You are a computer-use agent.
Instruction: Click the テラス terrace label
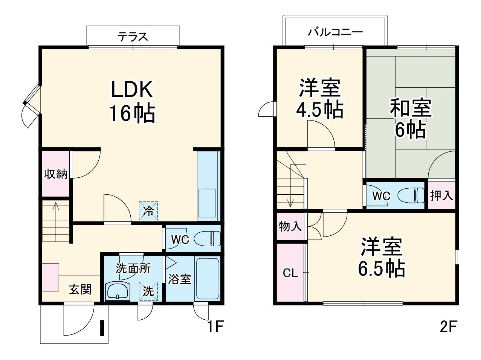tap(133, 37)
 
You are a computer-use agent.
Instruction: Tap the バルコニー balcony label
tap(335, 32)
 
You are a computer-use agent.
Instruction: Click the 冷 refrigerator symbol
tap(149, 211)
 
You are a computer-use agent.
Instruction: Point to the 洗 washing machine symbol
tap(148, 291)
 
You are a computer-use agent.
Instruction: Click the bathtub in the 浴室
tap(208, 279)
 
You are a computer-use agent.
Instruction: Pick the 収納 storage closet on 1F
tap(56, 174)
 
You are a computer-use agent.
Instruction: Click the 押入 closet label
tap(441, 195)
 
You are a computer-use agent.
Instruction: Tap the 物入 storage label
tap(290, 227)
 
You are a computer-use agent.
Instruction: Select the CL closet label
tap(290, 273)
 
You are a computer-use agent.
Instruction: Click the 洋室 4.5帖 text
tap(320, 98)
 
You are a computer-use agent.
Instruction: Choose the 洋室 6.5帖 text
tap(381, 258)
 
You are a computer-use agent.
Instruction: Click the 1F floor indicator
tap(215, 326)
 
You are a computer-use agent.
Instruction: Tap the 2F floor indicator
tap(448, 326)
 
